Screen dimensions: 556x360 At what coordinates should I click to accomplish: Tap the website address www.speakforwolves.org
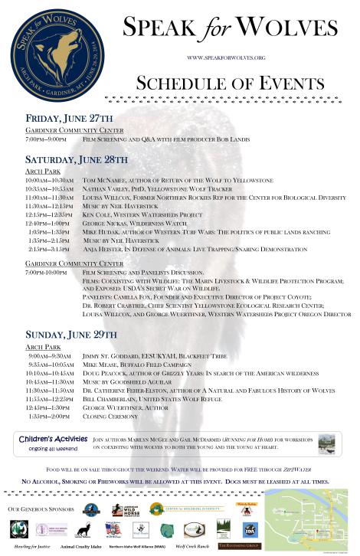pos(225,57)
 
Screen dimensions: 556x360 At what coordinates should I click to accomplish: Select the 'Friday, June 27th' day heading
pos(70,119)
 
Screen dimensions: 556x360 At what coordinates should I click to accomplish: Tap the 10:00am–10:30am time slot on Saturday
pos(49,181)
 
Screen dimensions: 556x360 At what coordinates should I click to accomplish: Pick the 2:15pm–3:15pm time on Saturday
pos(49,249)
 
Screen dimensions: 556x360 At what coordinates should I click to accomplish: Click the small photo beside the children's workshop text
pos(327,443)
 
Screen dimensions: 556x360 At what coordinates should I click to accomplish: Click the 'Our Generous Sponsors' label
pos(40,509)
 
